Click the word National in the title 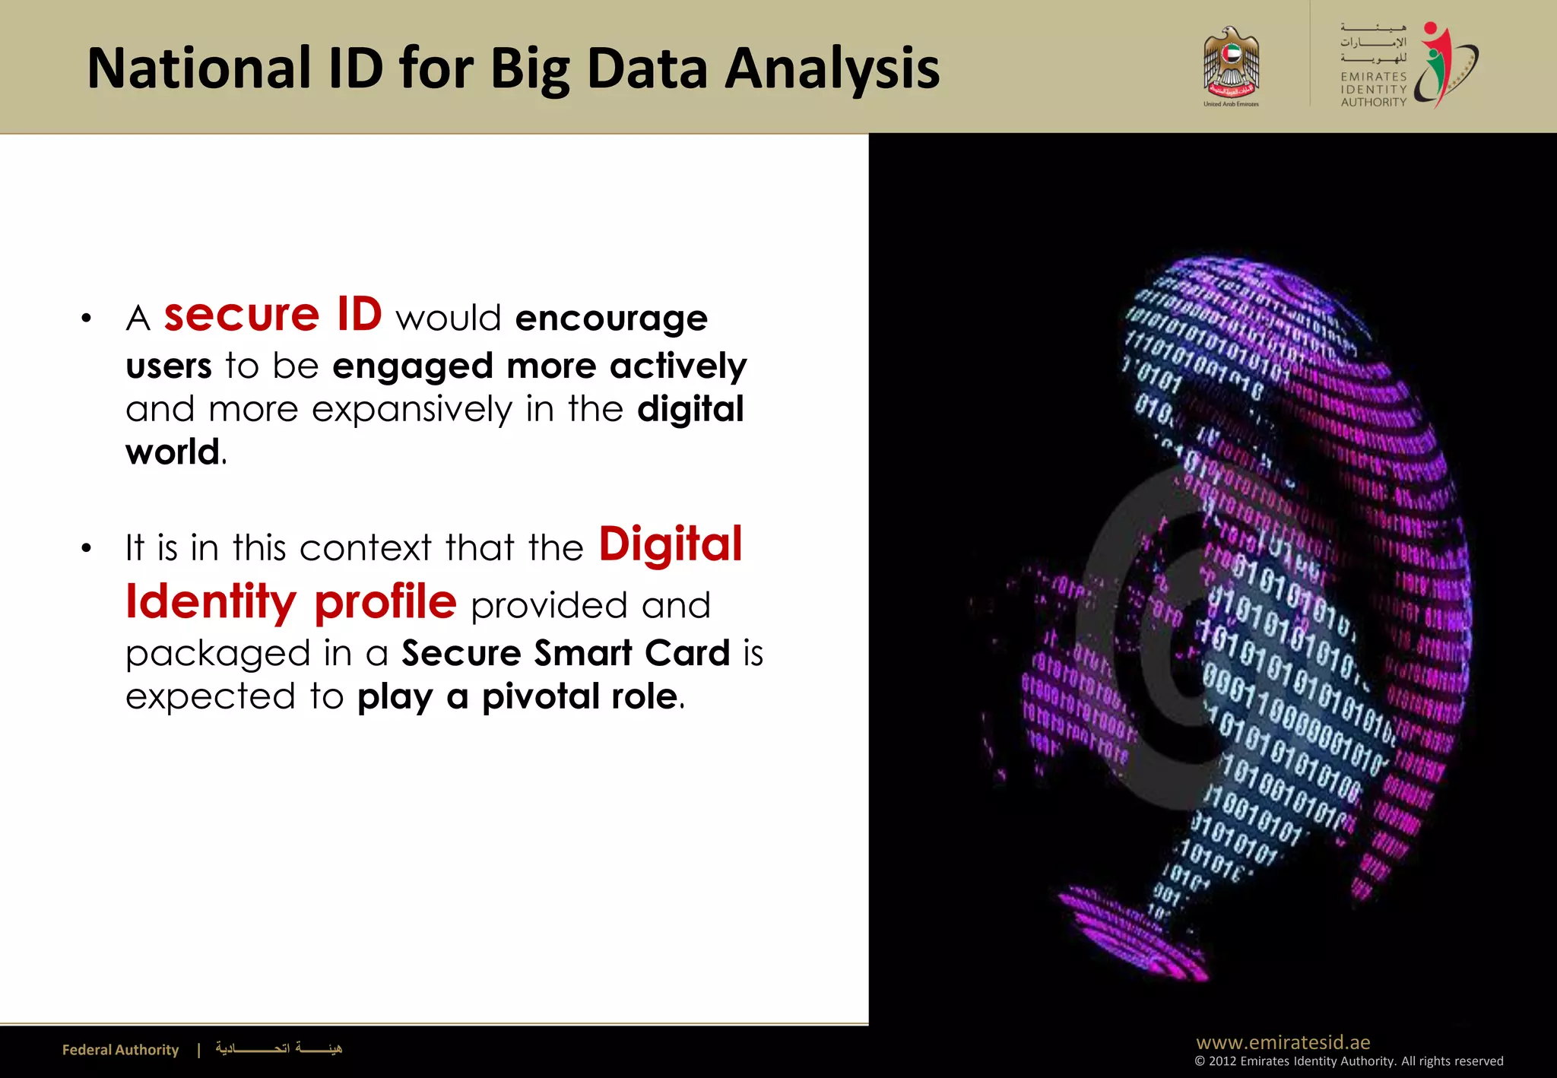coord(199,68)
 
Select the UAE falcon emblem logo coord(1231,64)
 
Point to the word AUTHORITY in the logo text coord(1373,102)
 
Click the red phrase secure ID coord(273,315)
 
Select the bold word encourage coord(611,319)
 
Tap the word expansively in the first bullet coord(412,410)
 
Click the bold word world coord(173,452)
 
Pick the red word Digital coord(670,545)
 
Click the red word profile coord(385,602)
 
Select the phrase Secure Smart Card coord(566,653)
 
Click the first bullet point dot coord(87,319)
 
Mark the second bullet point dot coord(87,548)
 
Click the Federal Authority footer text coord(120,1050)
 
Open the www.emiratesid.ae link coord(1283,1042)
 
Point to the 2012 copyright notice coord(1348,1061)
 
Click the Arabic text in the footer coord(278,1049)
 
